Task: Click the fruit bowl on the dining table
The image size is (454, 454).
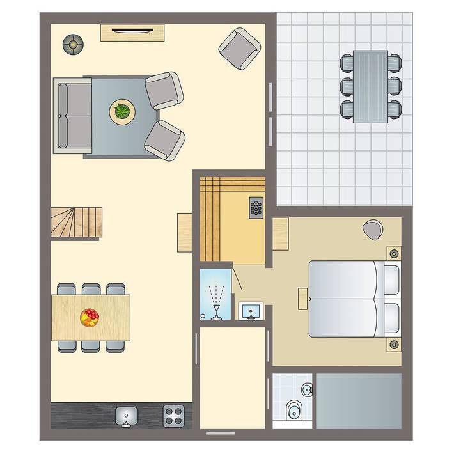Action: click(90, 317)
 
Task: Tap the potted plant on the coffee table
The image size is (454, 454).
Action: click(122, 111)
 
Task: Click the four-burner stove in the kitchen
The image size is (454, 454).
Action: click(174, 416)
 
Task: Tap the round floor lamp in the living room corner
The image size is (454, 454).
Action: click(73, 44)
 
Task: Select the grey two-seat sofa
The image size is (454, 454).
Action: click(72, 115)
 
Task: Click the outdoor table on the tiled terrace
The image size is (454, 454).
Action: click(370, 86)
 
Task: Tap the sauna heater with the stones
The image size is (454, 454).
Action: click(256, 207)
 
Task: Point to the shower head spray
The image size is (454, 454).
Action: click(217, 298)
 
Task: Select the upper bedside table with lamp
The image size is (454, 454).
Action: click(393, 253)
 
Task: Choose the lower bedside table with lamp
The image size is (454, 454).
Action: click(393, 345)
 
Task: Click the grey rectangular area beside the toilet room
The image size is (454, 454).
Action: click(359, 400)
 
